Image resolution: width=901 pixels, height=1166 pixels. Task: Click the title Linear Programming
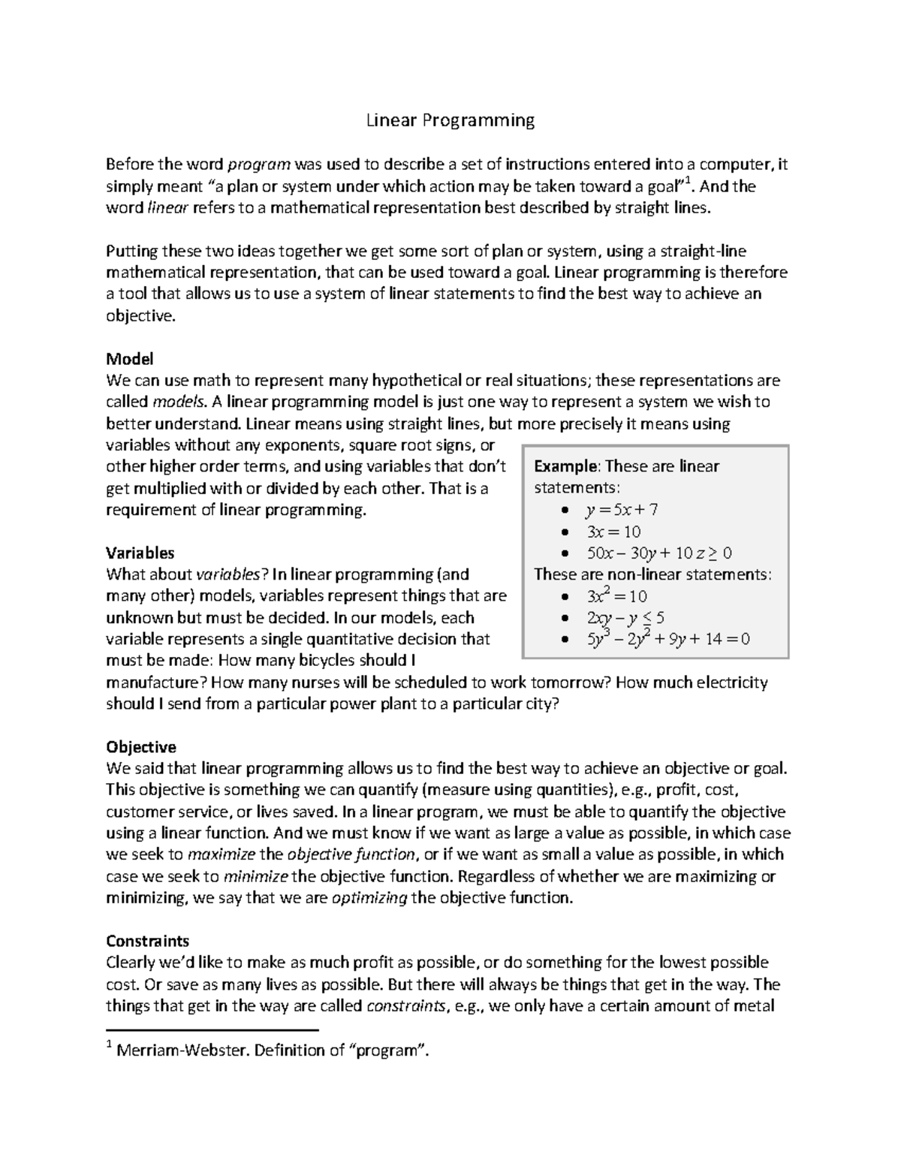[x=450, y=120]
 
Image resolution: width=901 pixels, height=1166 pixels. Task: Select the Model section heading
[x=129, y=359]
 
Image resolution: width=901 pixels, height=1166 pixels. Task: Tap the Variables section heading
[x=140, y=553]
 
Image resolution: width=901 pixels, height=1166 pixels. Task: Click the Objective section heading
[x=140, y=747]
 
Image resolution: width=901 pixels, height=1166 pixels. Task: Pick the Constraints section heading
[x=147, y=942]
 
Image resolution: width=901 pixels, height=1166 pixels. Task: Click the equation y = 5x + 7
[x=621, y=511]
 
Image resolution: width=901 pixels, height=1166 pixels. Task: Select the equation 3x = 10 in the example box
[x=613, y=532]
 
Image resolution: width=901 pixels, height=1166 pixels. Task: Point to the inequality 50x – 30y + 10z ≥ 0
[x=658, y=554]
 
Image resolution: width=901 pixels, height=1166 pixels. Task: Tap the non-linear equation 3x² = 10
[x=616, y=597]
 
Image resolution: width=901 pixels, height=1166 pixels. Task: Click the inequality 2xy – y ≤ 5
[x=625, y=619]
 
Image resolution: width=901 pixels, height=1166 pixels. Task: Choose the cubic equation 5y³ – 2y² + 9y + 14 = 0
[x=667, y=640]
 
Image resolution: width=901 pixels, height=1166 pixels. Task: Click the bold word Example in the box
[x=565, y=467]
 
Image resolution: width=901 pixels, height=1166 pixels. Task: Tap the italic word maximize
[x=221, y=854]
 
